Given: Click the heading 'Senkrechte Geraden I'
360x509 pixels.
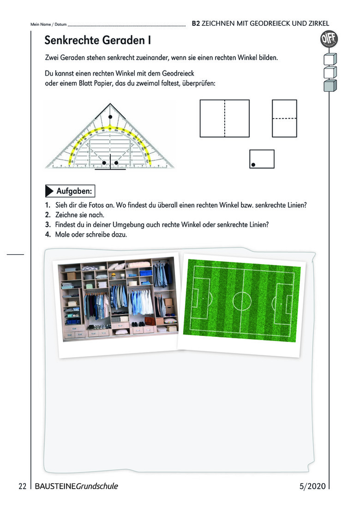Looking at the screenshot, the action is (98, 40).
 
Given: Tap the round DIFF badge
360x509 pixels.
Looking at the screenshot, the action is (329, 39).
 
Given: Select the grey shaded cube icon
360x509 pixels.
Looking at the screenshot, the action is (330, 85).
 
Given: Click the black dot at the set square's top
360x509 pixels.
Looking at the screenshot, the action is (110, 117).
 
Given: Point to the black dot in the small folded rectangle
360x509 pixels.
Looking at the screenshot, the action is (253, 165).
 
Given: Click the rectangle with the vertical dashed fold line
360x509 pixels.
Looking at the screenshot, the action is (225, 119).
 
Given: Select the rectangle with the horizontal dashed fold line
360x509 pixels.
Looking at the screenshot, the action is (284, 119).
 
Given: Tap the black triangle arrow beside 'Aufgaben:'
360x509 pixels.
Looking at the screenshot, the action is (49, 191).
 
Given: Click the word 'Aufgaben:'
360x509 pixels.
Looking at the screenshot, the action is (74, 191).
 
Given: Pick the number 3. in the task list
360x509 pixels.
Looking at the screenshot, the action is (48, 225).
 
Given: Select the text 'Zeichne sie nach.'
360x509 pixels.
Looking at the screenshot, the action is (80, 215).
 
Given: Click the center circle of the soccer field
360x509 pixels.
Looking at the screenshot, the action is (242, 301).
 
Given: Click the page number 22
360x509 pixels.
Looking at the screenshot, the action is (23, 486).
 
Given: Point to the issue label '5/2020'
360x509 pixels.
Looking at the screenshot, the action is (312, 486).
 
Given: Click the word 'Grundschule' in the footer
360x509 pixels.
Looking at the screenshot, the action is (97, 486).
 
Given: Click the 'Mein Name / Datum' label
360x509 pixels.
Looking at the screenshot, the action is (48, 24).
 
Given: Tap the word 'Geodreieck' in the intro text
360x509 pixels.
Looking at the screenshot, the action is (178, 73).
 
